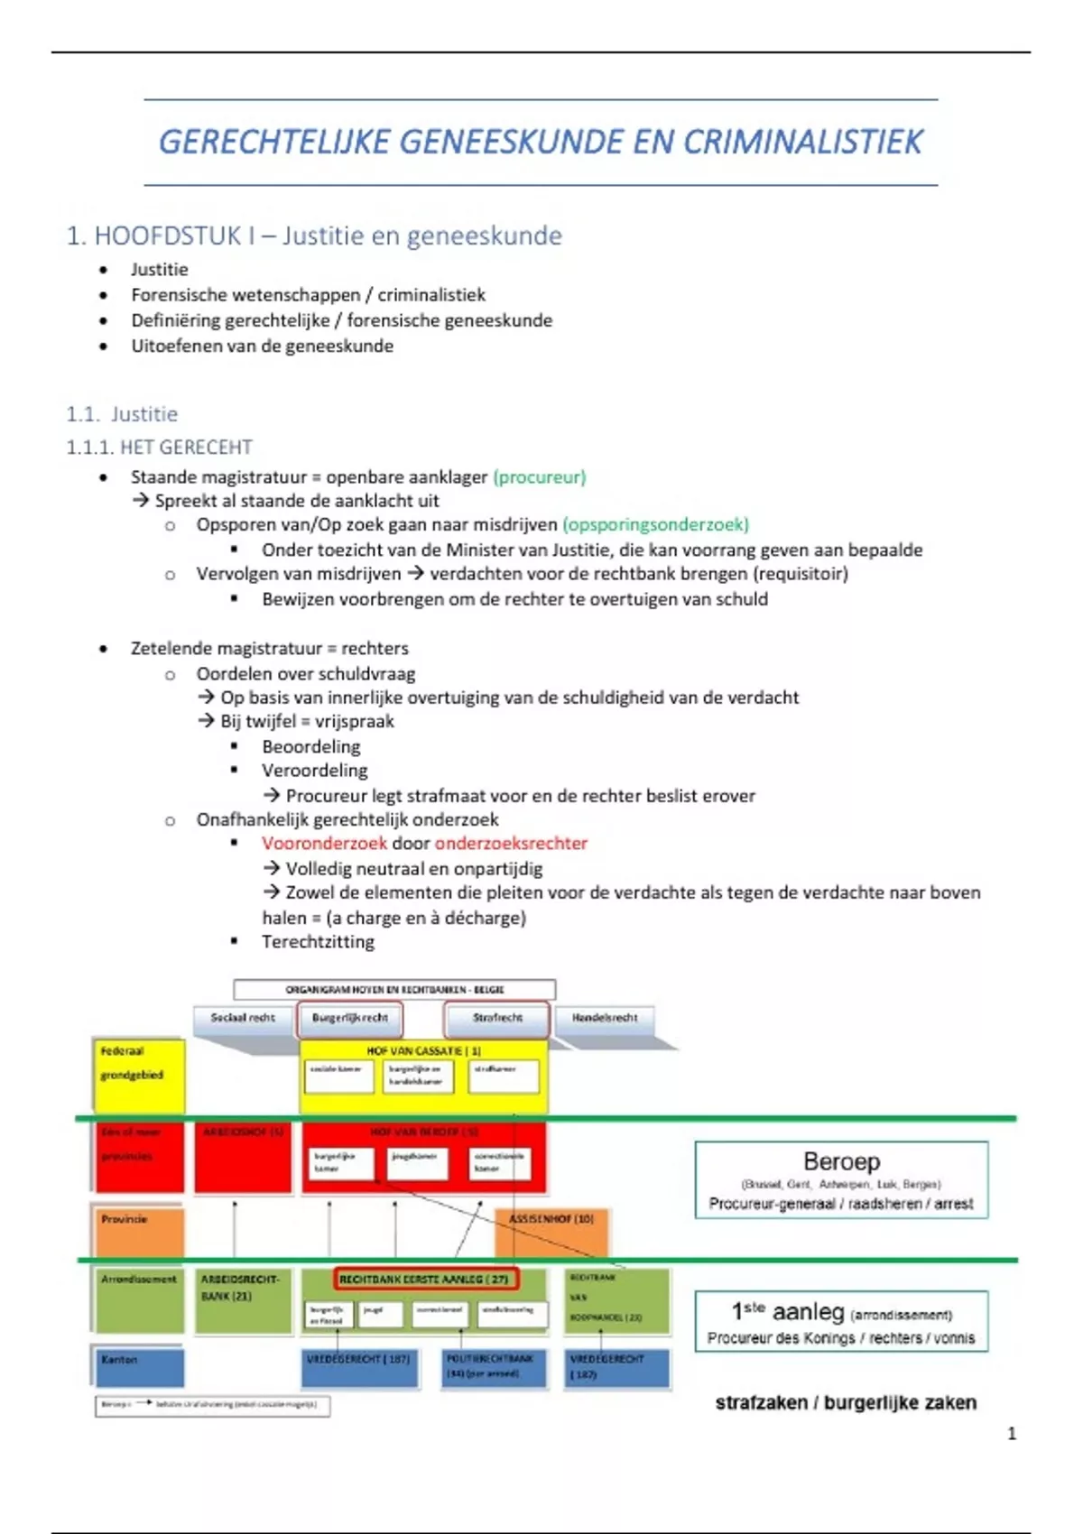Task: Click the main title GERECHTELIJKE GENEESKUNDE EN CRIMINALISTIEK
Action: pyautogui.click(x=541, y=142)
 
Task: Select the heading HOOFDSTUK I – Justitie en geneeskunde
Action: pyautogui.click(x=314, y=236)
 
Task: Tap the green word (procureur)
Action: pyautogui.click(x=540, y=476)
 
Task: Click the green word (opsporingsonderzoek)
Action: pyautogui.click(x=655, y=524)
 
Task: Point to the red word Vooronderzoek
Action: pyautogui.click(x=324, y=843)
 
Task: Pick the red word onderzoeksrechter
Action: pyautogui.click(x=511, y=843)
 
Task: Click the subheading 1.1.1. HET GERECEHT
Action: pyautogui.click(x=159, y=447)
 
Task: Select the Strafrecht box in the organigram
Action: pyautogui.click(x=497, y=1018)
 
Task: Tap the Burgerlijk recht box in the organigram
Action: pyautogui.click(x=350, y=1018)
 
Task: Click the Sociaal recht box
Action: pyautogui.click(x=243, y=1018)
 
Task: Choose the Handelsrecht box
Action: pyautogui.click(x=605, y=1018)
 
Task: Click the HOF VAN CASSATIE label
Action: pyautogui.click(x=423, y=1051)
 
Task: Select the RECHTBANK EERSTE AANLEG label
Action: pyautogui.click(x=425, y=1279)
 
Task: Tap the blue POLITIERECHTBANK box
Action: pyautogui.click(x=495, y=1366)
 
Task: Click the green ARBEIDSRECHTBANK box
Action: pyautogui.click(x=242, y=1299)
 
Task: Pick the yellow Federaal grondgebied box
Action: pyautogui.click(x=139, y=1074)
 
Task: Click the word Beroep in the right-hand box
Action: pyautogui.click(x=841, y=1161)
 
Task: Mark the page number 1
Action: pyautogui.click(x=1012, y=1433)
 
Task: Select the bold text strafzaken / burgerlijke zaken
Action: pyautogui.click(x=846, y=1402)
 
